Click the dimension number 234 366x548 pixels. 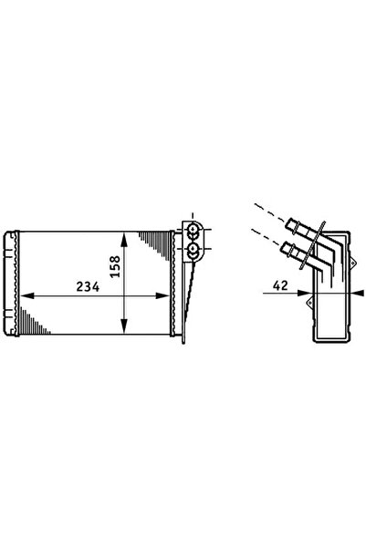click(x=88, y=286)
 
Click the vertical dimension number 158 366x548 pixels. click(x=115, y=266)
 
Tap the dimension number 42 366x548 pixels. click(x=280, y=285)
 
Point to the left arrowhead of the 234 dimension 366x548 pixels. click(x=27, y=295)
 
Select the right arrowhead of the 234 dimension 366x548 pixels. click(x=162, y=295)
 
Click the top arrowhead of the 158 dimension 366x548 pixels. click(x=123, y=240)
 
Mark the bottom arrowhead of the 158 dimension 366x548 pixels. click(x=123, y=326)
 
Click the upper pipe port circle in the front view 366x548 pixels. click(x=193, y=231)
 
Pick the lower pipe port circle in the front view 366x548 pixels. click(x=193, y=250)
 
